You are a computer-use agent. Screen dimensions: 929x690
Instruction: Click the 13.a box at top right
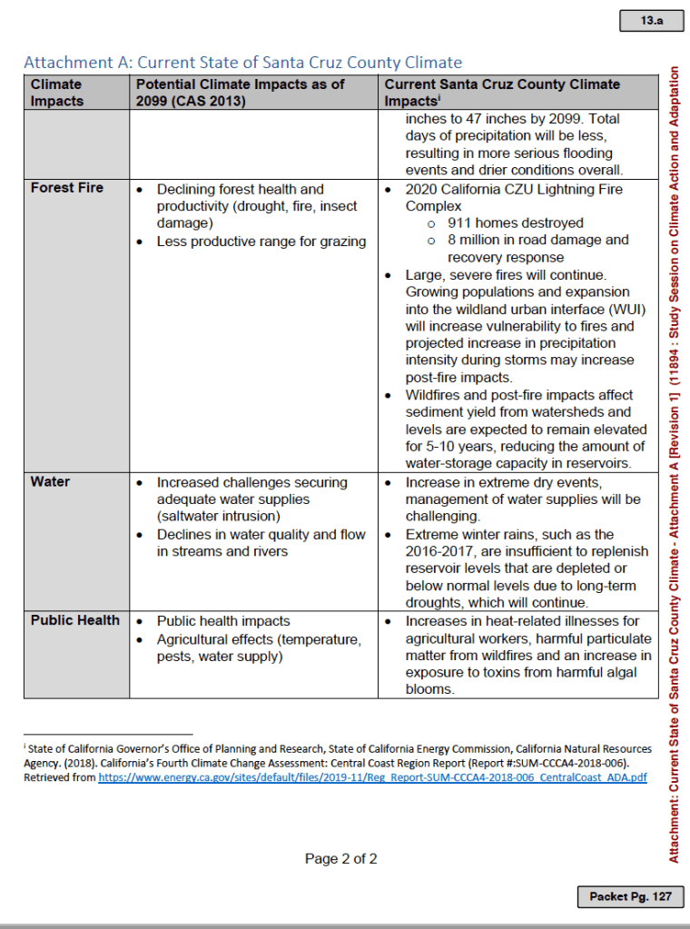click(x=650, y=20)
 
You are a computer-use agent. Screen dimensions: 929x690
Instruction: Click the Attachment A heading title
click(x=242, y=63)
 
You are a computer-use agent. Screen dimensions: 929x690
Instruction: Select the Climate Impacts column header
click(x=56, y=93)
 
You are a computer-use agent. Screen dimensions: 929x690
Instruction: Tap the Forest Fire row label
click(x=67, y=188)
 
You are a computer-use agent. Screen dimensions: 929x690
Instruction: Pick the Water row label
click(x=50, y=481)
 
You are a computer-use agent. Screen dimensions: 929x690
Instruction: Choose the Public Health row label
click(x=75, y=620)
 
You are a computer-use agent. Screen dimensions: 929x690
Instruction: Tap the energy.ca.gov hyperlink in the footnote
click(x=372, y=778)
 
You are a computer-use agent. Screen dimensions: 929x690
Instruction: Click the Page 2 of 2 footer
click(x=340, y=858)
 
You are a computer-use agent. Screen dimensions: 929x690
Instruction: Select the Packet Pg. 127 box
click(x=630, y=896)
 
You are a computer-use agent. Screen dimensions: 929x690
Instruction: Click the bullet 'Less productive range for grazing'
click(x=261, y=242)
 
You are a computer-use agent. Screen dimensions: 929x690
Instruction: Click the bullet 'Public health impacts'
click(x=223, y=621)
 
